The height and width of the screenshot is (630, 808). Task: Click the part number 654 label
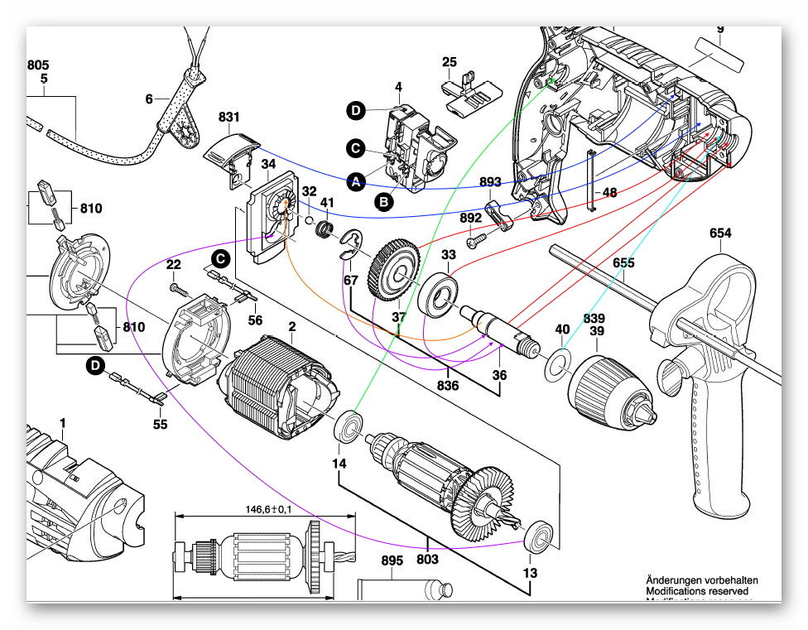point(720,233)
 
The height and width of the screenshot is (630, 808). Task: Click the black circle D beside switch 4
point(355,111)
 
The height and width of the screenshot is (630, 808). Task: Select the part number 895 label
point(392,560)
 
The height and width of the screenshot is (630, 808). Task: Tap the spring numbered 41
point(326,227)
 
